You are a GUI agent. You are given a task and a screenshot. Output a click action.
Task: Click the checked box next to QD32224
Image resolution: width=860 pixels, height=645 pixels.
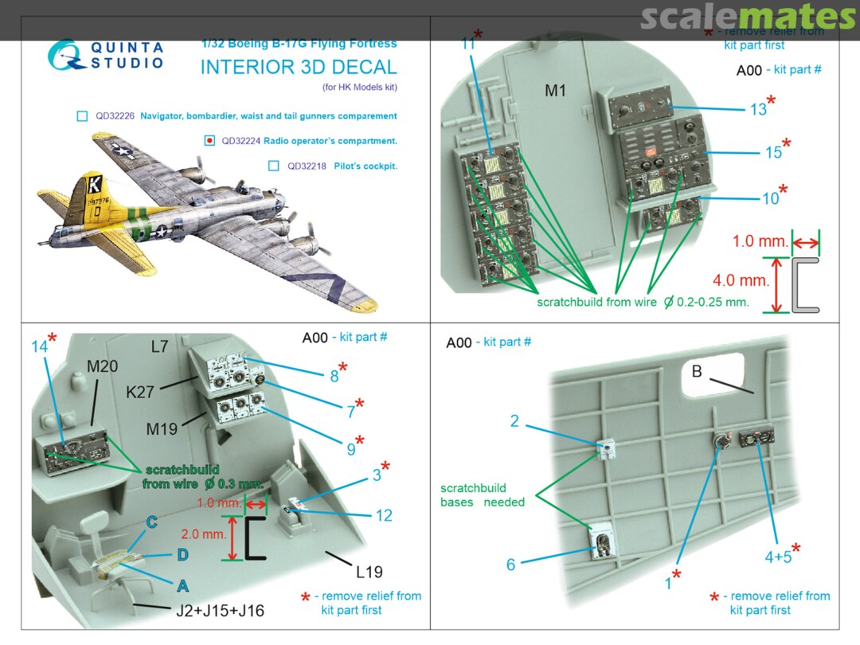tap(209, 141)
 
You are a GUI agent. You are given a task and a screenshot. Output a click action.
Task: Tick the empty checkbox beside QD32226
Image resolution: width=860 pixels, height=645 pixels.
tap(82, 116)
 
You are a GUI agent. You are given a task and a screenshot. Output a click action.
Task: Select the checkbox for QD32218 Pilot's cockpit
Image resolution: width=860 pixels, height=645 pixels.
tap(274, 166)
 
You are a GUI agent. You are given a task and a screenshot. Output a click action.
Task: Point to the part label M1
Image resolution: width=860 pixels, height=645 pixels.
tap(555, 91)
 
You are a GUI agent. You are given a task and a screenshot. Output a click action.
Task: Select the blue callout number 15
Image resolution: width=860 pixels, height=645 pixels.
tap(773, 152)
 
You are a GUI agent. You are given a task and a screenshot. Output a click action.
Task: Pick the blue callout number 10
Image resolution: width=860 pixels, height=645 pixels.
tap(770, 197)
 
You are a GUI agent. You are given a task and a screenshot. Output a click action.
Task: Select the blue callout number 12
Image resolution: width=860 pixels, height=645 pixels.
tap(384, 515)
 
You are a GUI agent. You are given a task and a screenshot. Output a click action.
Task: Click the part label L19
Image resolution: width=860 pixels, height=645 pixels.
tap(369, 572)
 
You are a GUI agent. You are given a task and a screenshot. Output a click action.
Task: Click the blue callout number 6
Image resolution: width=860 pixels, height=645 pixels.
tap(510, 565)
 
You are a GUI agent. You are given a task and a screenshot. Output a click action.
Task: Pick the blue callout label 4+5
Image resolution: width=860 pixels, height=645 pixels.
tap(778, 556)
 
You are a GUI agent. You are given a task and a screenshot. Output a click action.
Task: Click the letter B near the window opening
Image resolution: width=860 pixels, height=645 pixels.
tap(696, 370)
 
